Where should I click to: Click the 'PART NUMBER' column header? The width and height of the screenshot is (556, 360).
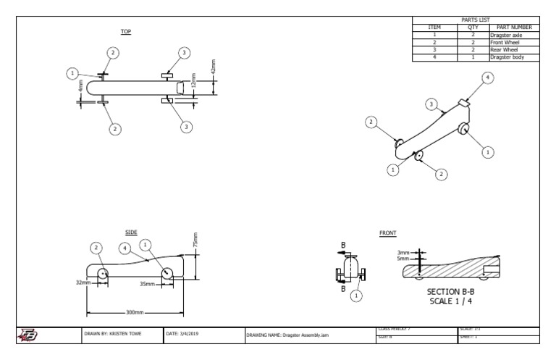[x=515, y=28]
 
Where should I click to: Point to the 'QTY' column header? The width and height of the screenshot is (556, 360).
[x=473, y=28]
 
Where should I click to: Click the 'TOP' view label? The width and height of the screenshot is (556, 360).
[x=125, y=32]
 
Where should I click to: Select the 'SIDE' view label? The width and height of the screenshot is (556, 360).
[x=131, y=232]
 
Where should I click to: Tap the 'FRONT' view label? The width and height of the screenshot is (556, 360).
[x=388, y=233]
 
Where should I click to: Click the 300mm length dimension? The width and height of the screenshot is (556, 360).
[x=134, y=312]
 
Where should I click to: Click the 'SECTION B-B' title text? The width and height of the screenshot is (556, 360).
[x=451, y=291]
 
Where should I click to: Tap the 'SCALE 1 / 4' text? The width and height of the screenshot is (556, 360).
[x=451, y=301]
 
